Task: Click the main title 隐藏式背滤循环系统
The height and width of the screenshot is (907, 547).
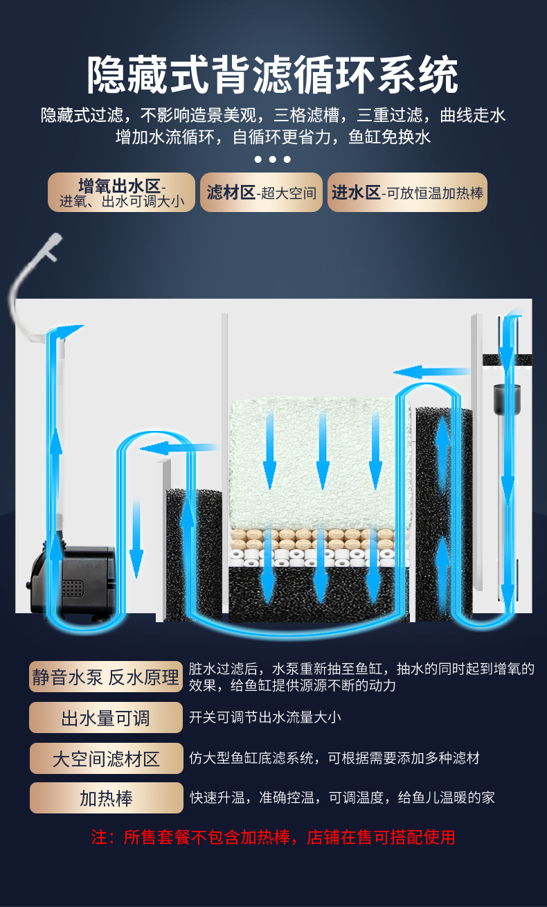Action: click(x=273, y=76)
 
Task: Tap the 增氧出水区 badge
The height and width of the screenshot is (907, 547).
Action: click(x=121, y=193)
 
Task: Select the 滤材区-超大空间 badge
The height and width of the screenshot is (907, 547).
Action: click(x=261, y=193)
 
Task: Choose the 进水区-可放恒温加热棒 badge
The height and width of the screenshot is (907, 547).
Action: click(x=407, y=193)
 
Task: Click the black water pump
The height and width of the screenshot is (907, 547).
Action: click(x=73, y=580)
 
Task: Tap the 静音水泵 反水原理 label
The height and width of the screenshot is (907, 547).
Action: click(x=106, y=677)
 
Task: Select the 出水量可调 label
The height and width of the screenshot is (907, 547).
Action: click(x=106, y=718)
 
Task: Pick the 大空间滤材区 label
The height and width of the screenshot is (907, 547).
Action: click(x=106, y=759)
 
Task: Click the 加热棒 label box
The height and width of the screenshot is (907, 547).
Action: click(x=106, y=798)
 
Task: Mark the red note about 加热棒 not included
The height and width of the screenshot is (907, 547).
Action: click(x=273, y=837)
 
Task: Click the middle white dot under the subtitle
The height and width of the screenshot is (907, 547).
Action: click(x=273, y=159)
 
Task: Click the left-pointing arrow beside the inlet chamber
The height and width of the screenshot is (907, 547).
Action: click(x=432, y=371)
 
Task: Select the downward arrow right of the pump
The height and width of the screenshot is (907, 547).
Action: click(x=136, y=538)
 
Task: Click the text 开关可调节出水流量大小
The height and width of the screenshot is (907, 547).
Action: click(x=265, y=718)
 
